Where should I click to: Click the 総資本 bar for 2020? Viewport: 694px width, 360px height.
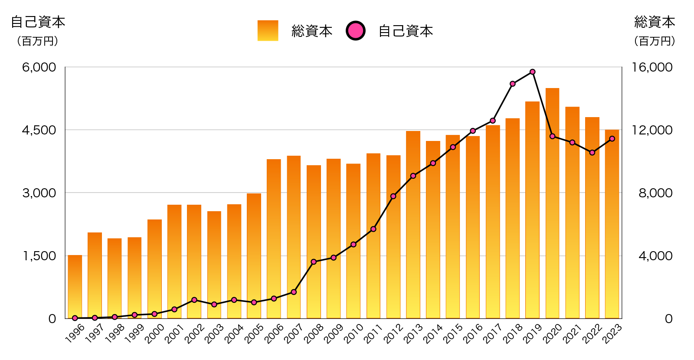(x=552, y=204)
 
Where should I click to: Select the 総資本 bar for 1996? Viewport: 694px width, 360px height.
(x=75, y=287)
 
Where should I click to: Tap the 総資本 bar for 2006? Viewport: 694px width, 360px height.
(x=274, y=239)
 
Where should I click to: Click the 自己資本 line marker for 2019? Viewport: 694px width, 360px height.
(x=532, y=72)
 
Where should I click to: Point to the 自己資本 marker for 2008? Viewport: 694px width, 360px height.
(x=314, y=262)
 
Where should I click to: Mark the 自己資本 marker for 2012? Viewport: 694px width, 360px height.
(x=393, y=196)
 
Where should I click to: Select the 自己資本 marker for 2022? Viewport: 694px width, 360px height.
(x=592, y=153)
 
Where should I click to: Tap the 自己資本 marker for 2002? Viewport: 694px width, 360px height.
(x=194, y=300)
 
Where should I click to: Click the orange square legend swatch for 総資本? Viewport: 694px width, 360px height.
(x=268, y=31)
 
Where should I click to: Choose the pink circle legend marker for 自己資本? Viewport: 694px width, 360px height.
(x=356, y=31)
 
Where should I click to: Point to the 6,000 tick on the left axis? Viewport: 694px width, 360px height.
(x=39, y=67)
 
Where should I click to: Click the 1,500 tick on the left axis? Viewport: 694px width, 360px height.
(x=39, y=256)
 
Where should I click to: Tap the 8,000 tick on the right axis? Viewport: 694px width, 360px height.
(x=655, y=193)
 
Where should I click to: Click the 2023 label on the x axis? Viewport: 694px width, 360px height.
(x=612, y=334)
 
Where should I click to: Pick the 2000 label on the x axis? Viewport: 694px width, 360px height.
(x=154, y=334)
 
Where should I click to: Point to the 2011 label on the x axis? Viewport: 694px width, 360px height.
(x=373, y=334)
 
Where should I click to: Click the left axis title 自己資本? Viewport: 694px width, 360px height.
(x=38, y=22)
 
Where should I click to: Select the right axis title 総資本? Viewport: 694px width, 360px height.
(x=655, y=22)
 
